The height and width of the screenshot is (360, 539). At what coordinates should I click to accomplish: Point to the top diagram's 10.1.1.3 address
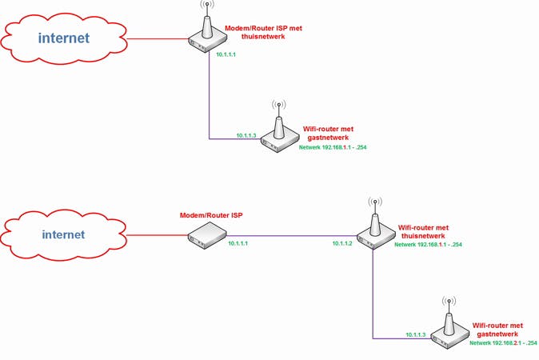246,136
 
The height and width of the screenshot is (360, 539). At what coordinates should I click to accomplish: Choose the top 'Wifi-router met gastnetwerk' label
328,133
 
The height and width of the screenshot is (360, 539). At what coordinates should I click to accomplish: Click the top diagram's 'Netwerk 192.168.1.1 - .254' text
332,148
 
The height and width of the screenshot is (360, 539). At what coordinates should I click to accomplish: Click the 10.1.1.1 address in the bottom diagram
238,242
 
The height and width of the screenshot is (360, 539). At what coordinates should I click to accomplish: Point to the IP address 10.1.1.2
342,242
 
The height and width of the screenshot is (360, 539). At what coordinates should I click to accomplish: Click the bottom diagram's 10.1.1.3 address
416,334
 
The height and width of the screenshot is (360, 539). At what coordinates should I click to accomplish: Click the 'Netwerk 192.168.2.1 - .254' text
503,343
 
